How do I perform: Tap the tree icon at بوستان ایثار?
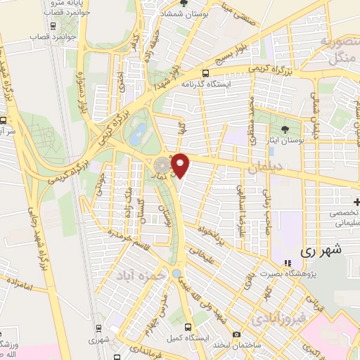tap(284, 129)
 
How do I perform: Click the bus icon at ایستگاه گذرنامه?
tap(205, 73)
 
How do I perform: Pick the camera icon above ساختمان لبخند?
tap(237, 333)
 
